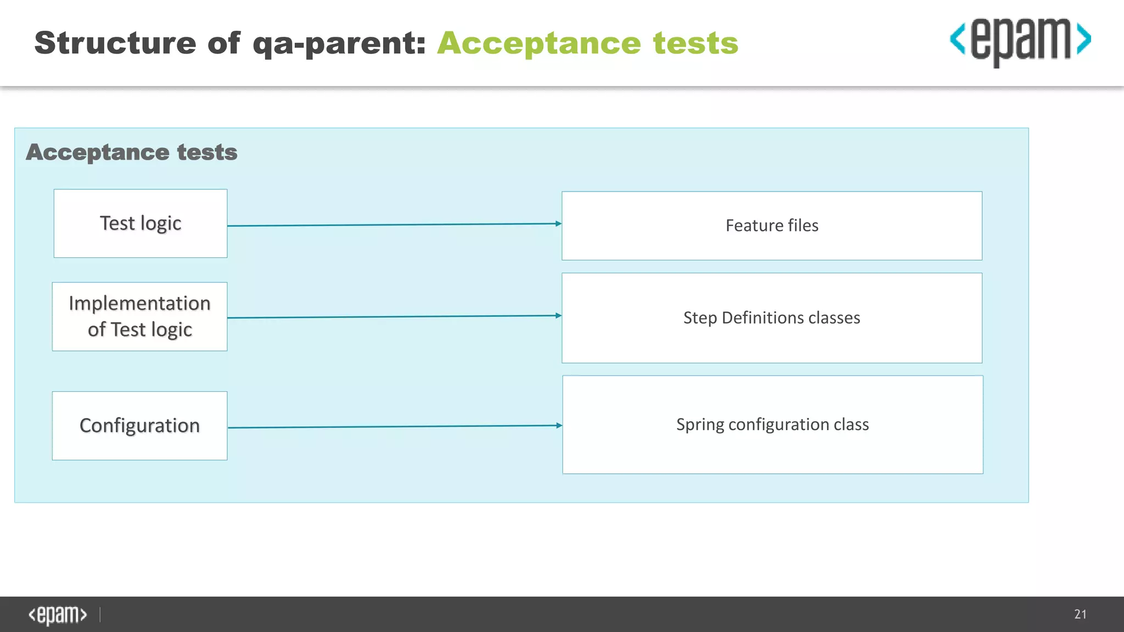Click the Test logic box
click(140, 223)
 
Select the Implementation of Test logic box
click(139, 317)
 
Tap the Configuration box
click(139, 426)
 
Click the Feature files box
click(772, 225)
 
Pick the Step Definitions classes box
click(772, 318)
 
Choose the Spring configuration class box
click(772, 425)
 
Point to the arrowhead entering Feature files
click(558, 223)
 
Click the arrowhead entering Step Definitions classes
click(558, 315)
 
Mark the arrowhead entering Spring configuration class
click(559, 425)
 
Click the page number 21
click(1080, 614)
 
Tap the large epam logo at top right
click(1020, 41)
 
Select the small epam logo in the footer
click(58, 615)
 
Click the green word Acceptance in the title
click(539, 44)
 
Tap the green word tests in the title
click(695, 44)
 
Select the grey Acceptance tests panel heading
click(132, 152)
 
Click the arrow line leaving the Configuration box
click(384, 426)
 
